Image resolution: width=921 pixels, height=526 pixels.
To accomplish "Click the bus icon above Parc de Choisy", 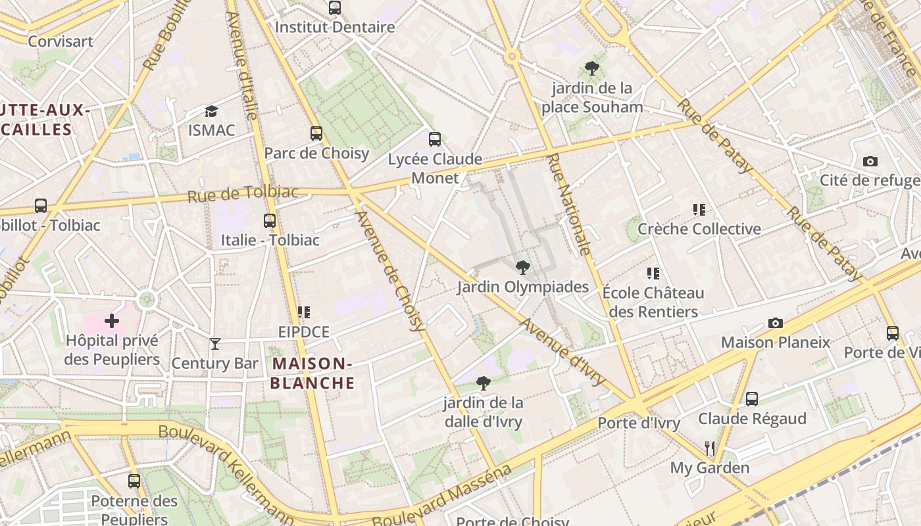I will [316, 133].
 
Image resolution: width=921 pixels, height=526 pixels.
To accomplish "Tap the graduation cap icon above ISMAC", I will [211, 111].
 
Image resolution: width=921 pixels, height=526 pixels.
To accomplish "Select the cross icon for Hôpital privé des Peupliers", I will [112, 321].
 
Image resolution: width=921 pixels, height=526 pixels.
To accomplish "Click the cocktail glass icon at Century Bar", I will [214, 344].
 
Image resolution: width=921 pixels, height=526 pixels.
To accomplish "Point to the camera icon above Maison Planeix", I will [776, 323].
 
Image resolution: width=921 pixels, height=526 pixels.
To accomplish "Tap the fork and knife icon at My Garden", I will [710, 448].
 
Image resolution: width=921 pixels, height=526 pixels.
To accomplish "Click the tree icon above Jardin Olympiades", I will [523, 268].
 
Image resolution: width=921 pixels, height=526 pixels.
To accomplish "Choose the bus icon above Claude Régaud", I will [752, 399].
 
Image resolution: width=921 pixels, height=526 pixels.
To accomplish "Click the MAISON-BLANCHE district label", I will [313, 373].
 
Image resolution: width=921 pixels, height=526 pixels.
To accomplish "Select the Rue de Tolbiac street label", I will [243, 194].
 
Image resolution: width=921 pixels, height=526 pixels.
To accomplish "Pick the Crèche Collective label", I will [699, 229].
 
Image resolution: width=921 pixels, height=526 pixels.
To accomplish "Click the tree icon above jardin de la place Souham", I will [591, 68].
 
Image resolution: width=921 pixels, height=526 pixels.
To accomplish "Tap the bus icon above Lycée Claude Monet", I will [434, 139].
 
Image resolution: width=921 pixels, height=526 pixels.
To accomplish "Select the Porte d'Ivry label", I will [638, 423].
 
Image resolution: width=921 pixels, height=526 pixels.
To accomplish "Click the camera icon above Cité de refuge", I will [870, 161].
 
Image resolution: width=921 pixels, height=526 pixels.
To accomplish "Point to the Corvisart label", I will [61, 41].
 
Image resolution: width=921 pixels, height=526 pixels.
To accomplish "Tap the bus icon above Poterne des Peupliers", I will [134, 481].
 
